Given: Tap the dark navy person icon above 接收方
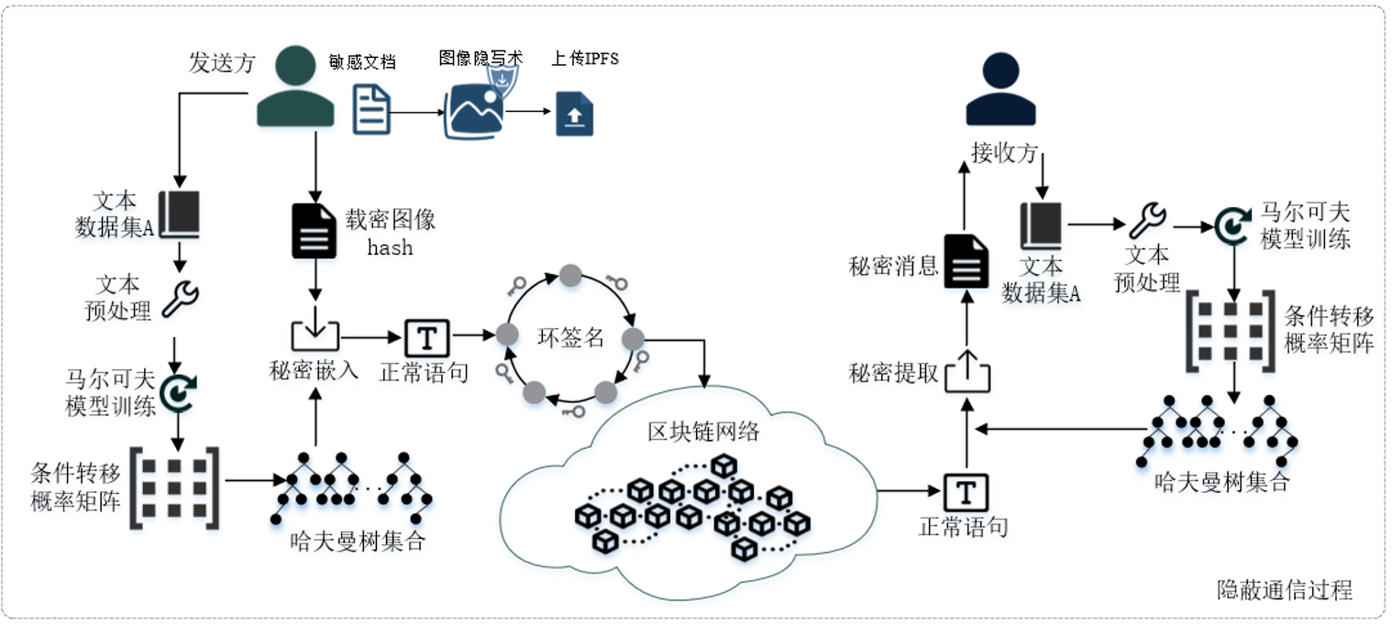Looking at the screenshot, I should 1000,89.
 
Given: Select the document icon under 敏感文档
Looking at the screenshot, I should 372,109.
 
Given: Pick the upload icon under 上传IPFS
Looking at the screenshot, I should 575,114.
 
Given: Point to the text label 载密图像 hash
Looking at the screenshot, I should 390,234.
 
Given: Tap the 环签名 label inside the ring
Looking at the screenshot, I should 570,337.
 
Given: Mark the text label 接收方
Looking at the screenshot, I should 1004,153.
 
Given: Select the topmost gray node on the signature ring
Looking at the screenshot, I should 570,274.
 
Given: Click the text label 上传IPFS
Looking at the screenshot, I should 585,60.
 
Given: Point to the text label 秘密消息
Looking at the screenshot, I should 894,266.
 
